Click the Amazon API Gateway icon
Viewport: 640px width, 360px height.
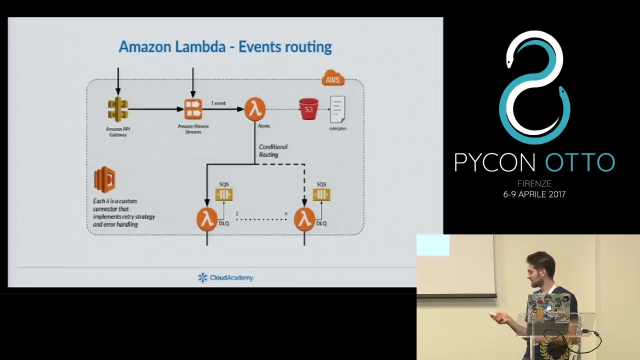(118, 109)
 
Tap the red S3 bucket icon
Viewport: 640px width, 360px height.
(308, 109)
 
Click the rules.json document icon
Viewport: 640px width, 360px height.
(337, 109)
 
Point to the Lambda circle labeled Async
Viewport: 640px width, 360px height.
(255, 109)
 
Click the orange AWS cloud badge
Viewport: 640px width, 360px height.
(333, 78)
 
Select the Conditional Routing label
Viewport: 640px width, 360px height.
(272, 150)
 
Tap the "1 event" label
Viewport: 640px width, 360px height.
(218, 103)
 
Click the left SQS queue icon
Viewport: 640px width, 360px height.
(223, 194)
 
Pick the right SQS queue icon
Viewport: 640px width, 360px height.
(321, 194)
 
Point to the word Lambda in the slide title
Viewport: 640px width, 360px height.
(200, 47)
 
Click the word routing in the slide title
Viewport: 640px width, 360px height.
(307, 47)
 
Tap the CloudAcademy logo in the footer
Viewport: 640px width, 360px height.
(225, 277)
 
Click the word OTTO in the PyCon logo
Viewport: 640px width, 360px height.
(579, 162)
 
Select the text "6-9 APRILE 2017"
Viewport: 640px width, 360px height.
(534, 194)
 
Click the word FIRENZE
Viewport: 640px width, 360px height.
(534, 183)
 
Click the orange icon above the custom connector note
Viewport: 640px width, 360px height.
(104, 179)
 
